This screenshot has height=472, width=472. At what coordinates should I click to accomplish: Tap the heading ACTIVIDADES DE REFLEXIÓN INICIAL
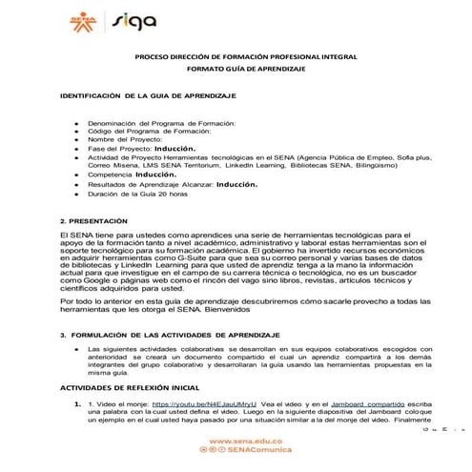(x=130, y=389)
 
